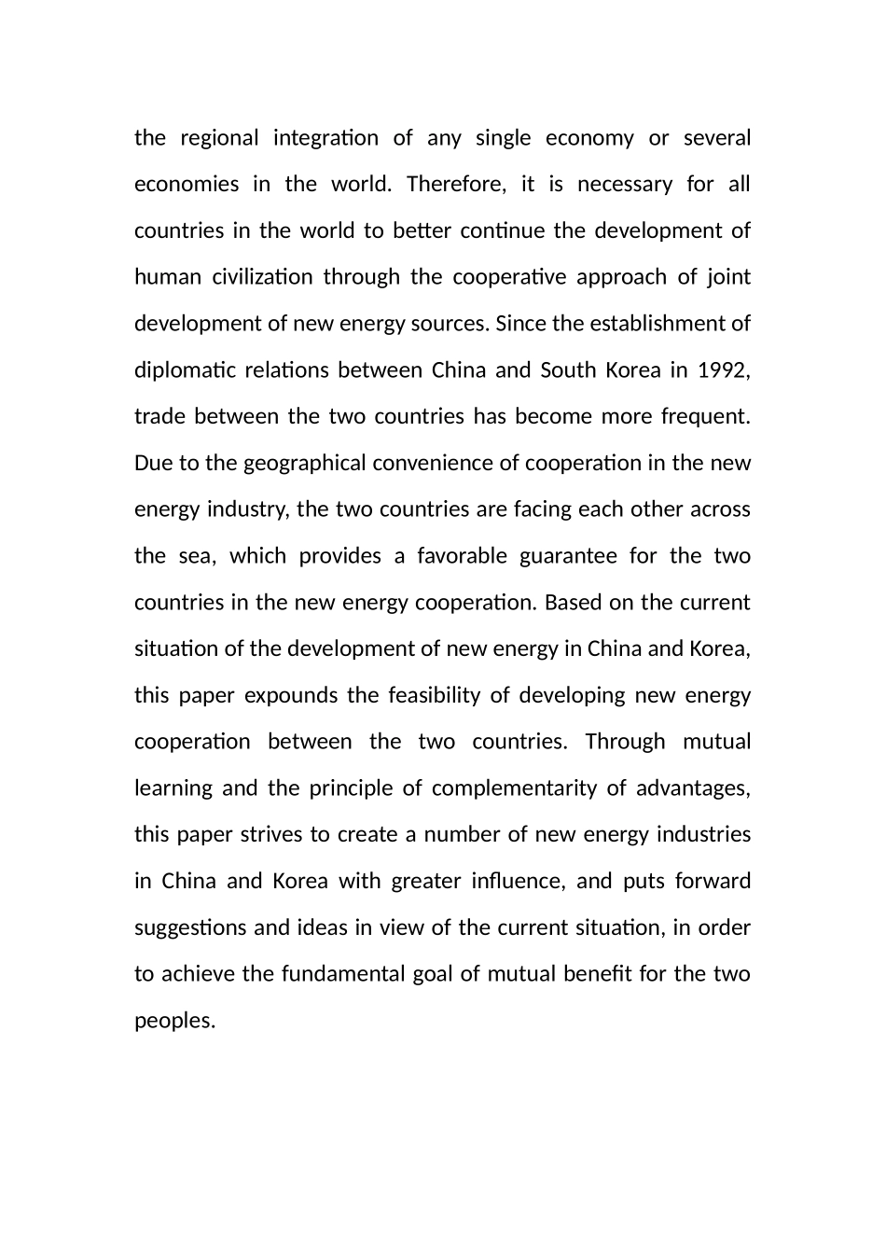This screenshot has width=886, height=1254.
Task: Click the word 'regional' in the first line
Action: point(219,138)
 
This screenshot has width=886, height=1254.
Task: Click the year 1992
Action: point(722,370)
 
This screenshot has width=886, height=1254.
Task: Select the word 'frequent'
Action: point(705,416)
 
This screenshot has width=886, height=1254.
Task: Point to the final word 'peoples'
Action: point(174,1021)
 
